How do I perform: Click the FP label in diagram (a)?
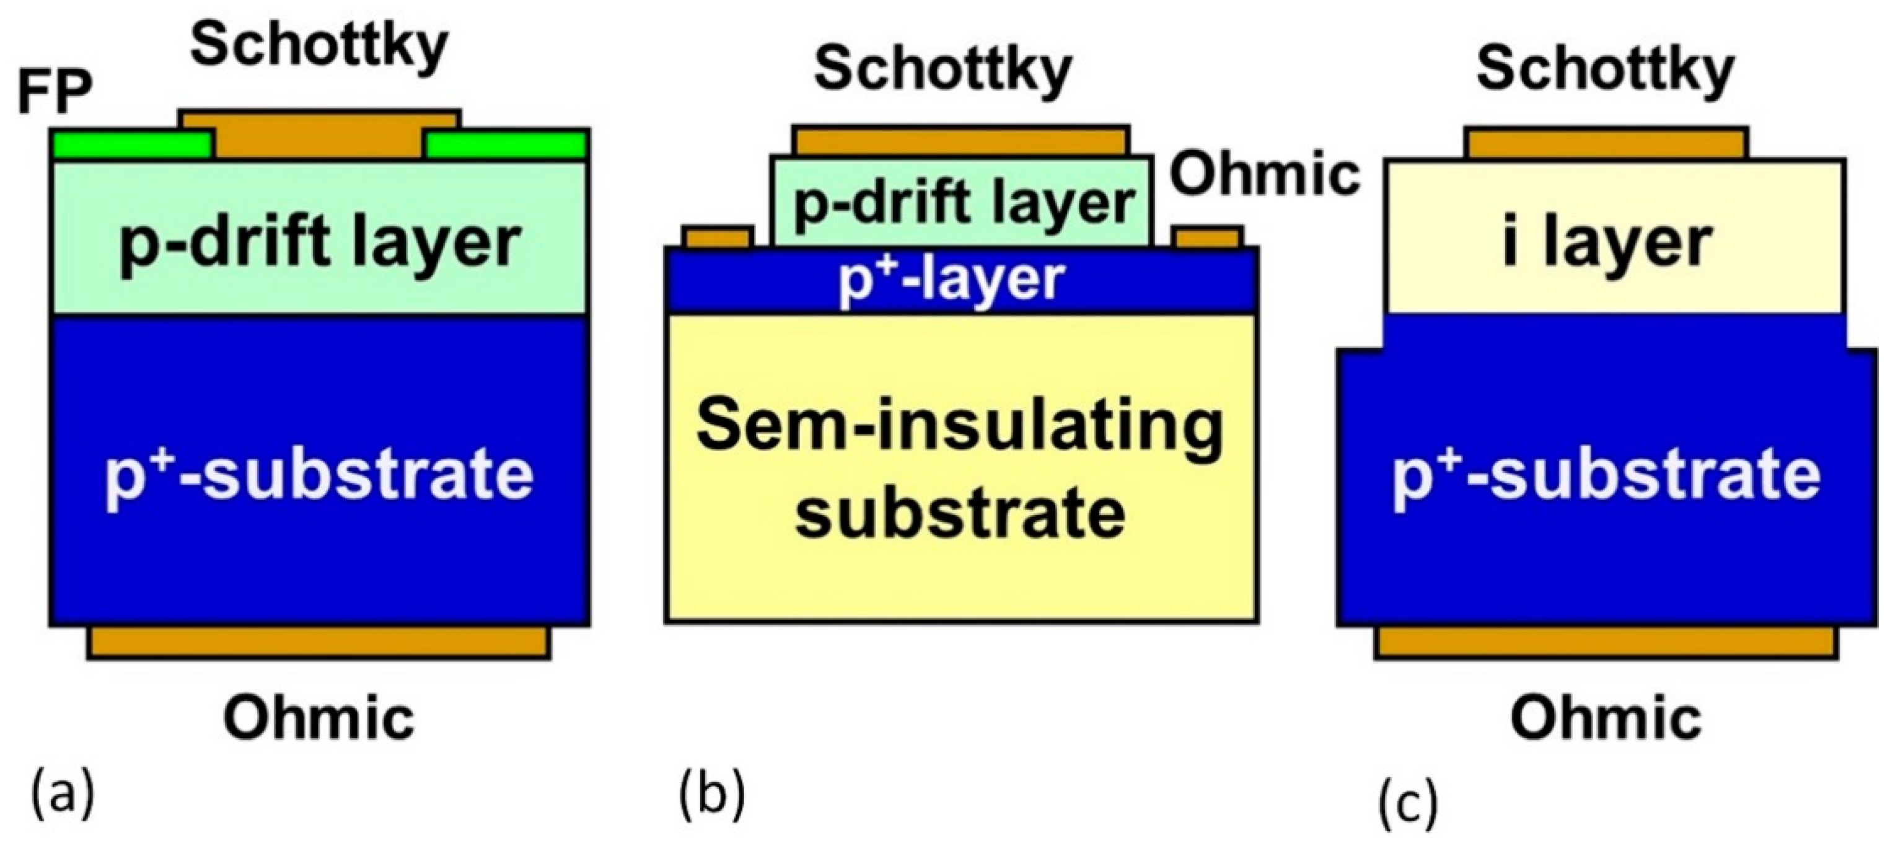pyautogui.click(x=55, y=94)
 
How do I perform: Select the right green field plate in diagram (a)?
pyautogui.click(x=507, y=146)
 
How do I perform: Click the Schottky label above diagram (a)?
pyautogui.click(x=319, y=46)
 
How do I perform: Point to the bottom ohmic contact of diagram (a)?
pyautogui.click(x=319, y=643)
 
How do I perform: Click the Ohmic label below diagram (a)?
pyautogui.click(x=319, y=718)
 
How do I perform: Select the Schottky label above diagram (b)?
pyautogui.click(x=942, y=70)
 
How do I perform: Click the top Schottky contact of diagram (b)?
pyautogui.click(x=961, y=141)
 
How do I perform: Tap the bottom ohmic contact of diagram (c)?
pyautogui.click(x=1606, y=643)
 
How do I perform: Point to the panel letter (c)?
pyautogui.click(x=1408, y=805)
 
